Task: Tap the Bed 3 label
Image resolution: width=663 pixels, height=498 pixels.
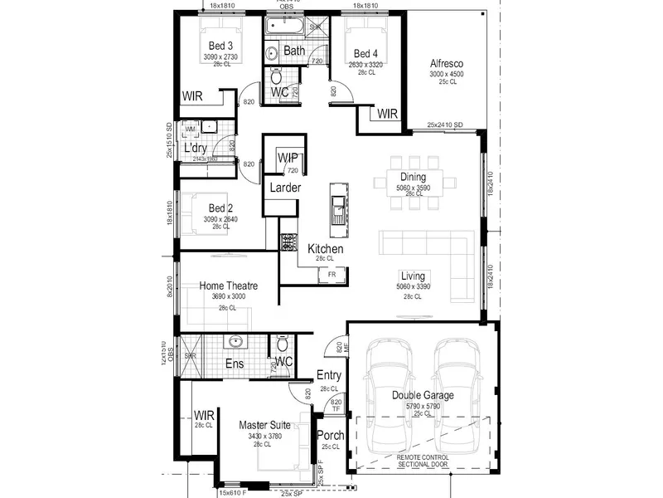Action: pyautogui.click(x=220, y=45)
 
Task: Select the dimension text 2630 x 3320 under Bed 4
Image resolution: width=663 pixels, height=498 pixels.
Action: pyautogui.click(x=362, y=63)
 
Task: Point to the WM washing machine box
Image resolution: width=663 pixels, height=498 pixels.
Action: pyautogui.click(x=190, y=129)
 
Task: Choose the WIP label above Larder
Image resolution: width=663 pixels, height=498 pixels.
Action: pyautogui.click(x=288, y=157)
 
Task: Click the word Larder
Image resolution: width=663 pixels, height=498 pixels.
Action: pyautogui.click(x=285, y=188)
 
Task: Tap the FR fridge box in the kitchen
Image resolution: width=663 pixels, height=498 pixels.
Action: pyautogui.click(x=331, y=273)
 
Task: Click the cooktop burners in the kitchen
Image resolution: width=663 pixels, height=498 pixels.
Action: pyautogui.click(x=288, y=242)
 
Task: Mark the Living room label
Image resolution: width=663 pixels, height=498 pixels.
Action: pyautogui.click(x=413, y=276)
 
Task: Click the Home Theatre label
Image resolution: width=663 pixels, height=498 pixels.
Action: pyautogui.click(x=228, y=286)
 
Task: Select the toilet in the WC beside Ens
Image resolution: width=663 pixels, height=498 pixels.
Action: pyautogui.click(x=283, y=343)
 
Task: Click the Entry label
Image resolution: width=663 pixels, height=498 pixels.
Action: pyautogui.click(x=329, y=376)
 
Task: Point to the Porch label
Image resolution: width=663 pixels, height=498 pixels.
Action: pyautogui.click(x=331, y=436)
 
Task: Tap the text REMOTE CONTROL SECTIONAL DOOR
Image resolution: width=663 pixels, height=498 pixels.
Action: pyautogui.click(x=423, y=461)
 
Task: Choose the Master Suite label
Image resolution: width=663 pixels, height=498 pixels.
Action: pyautogui.click(x=264, y=425)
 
